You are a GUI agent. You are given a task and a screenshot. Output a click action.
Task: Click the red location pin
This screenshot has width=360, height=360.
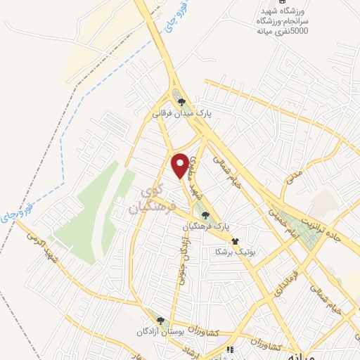[181, 165]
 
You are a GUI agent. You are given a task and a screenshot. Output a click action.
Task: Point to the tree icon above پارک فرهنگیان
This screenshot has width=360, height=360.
[205, 216]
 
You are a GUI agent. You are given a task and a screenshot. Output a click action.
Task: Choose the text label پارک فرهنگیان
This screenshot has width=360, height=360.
[207, 226]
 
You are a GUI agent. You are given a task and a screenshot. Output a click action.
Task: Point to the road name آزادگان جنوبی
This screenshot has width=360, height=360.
[179, 259]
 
